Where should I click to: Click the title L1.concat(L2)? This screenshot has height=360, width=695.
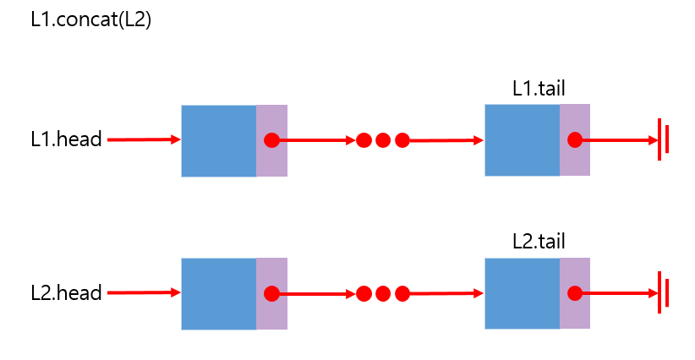point(90,20)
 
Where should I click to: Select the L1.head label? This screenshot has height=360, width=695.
point(66,140)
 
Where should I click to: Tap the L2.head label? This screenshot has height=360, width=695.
point(66,293)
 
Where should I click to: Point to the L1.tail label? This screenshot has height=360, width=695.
point(539,89)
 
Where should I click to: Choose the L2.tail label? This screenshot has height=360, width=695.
point(539,242)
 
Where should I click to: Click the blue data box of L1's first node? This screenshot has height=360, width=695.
point(218,140)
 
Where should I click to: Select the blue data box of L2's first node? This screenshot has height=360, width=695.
point(218,293)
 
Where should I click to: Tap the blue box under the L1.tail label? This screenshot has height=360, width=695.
point(522,140)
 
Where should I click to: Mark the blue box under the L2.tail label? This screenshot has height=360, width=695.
point(522,293)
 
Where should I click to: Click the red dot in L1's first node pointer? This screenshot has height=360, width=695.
point(271,140)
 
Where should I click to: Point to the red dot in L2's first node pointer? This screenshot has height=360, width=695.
point(271,293)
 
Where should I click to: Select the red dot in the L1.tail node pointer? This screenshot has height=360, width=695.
point(575,140)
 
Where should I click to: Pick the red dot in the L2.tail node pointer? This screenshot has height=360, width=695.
point(575,293)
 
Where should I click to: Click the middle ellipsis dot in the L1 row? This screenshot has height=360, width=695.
point(383,140)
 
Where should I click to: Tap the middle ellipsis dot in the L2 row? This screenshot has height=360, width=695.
point(383,293)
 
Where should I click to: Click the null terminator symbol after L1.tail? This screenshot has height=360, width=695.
point(664,139)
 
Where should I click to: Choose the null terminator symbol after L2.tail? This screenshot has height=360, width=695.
point(664,293)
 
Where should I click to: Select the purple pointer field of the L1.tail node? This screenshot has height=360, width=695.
point(575,161)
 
